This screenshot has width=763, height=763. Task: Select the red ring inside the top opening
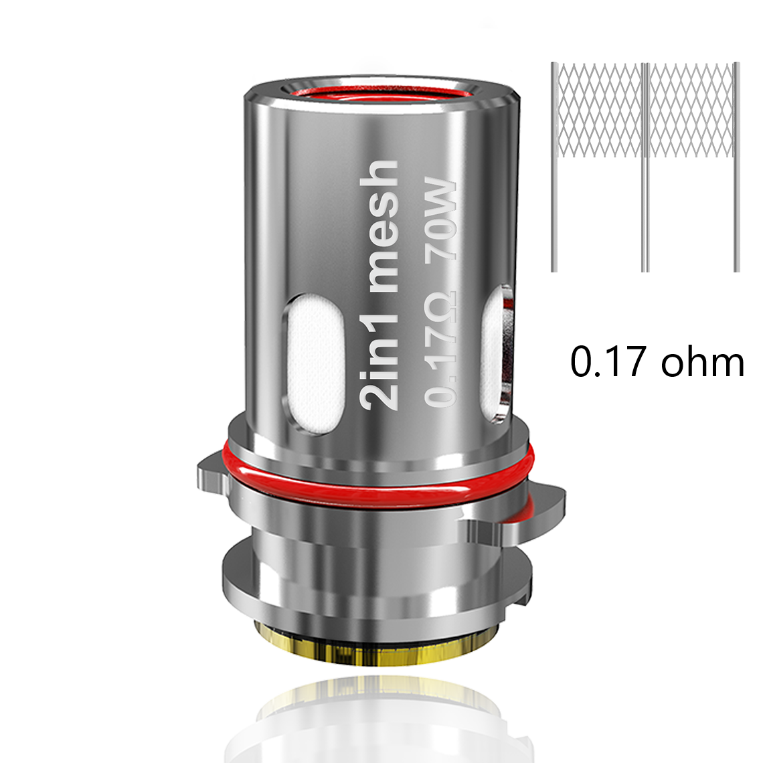click(382, 94)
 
